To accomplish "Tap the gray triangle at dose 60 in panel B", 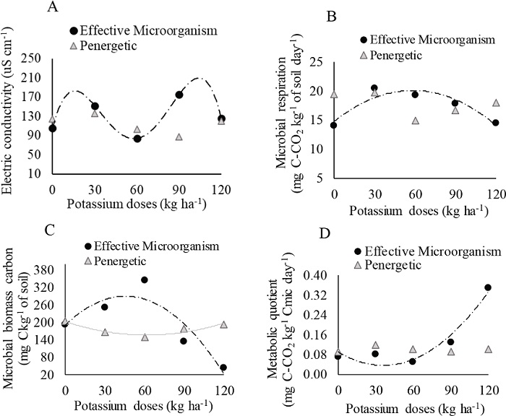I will [415, 121].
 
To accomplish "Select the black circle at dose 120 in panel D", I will [487, 287].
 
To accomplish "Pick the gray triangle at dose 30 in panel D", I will [375, 345].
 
